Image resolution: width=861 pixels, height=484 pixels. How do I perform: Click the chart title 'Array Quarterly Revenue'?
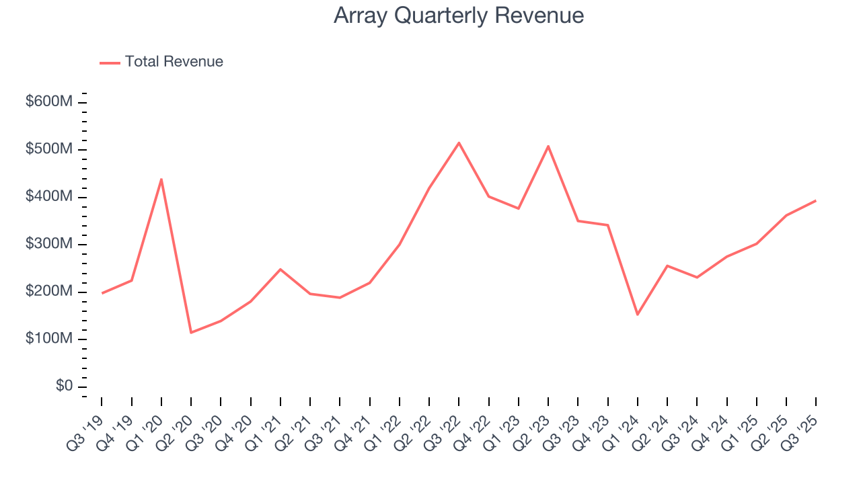click(458, 15)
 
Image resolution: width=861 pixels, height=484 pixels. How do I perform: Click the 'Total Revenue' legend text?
click(174, 62)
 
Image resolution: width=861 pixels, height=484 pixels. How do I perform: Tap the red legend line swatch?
click(110, 63)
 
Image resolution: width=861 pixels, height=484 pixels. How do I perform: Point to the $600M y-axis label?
click(49, 102)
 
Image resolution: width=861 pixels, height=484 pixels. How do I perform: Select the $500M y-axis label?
click(49, 149)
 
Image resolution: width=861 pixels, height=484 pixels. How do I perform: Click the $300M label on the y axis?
click(49, 244)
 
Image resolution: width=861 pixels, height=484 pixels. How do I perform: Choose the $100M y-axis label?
click(49, 339)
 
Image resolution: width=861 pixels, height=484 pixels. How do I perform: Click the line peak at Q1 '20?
click(161, 179)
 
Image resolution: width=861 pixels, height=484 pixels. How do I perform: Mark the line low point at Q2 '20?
click(191, 332)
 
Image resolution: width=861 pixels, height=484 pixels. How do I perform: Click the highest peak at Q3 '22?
click(459, 143)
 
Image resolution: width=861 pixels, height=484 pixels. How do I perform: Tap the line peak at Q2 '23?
click(548, 146)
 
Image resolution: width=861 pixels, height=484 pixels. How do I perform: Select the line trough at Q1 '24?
click(637, 315)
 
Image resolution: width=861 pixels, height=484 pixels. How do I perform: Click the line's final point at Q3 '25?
click(815, 200)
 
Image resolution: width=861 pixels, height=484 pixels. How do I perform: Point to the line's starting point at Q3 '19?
click(102, 293)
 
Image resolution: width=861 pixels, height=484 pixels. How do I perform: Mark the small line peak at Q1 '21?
click(280, 269)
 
